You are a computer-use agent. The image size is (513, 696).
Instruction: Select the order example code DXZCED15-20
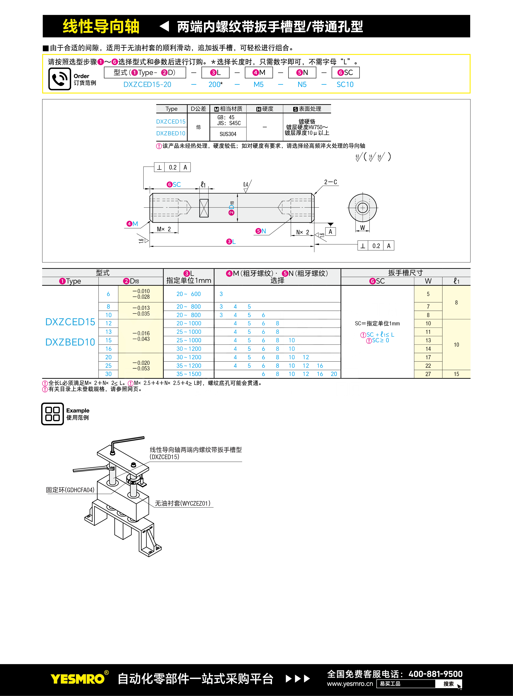coord(147,84)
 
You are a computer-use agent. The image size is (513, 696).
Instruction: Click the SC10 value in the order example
coord(345,84)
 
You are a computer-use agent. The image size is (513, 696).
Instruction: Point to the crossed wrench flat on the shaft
coord(204,208)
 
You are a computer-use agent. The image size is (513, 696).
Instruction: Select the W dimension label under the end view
coord(362,228)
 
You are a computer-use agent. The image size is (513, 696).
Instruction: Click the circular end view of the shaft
coord(362,208)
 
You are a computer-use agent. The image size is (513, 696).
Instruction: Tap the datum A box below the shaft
coord(330,232)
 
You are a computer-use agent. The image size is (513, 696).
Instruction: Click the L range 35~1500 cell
coord(189,374)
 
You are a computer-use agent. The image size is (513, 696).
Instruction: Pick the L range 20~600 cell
coord(189,294)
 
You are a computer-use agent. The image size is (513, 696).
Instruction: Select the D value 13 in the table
coord(108,332)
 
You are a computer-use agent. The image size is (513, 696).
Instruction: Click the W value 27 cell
coord(428,374)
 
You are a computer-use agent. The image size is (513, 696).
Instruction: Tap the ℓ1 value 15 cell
coord(457,374)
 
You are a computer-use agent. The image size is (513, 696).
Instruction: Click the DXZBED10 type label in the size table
coord(70,342)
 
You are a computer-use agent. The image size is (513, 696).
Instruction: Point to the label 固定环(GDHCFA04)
coord(70,490)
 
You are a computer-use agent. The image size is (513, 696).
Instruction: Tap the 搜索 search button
coord(448,684)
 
